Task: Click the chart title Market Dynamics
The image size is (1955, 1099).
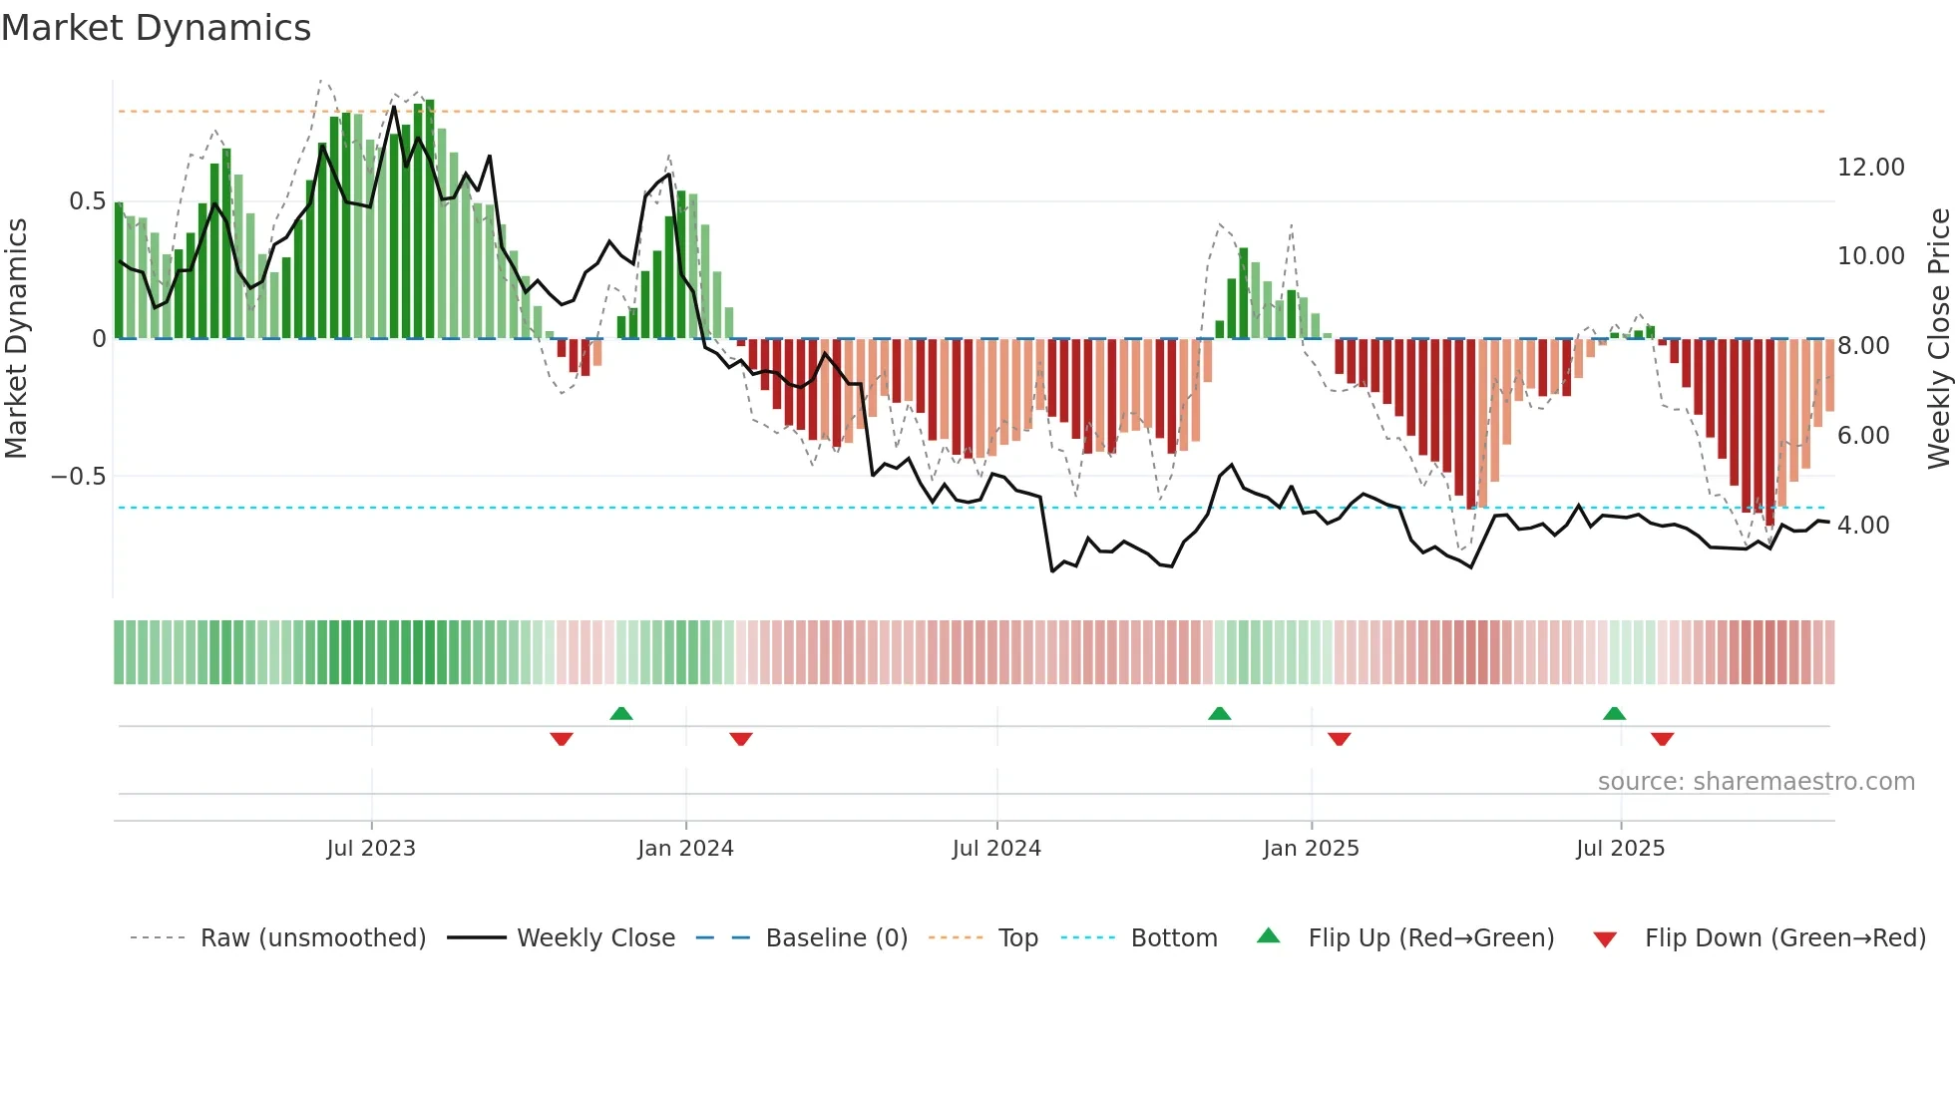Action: [157, 28]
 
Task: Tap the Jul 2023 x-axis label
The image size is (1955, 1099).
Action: [371, 849]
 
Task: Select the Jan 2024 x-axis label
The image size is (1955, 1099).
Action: [685, 849]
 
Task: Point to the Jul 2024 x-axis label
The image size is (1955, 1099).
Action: [996, 849]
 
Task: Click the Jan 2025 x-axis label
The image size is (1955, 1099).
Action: [1311, 849]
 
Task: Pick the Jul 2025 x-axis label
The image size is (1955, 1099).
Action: [1621, 849]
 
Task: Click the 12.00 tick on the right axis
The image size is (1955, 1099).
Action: [1871, 168]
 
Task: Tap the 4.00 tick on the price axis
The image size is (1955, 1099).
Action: [1863, 526]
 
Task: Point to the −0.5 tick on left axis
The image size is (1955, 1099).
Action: [79, 477]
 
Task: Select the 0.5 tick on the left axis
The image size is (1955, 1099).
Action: [87, 201]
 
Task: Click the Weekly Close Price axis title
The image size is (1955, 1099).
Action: [1938, 338]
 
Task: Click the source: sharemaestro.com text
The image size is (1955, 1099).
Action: [1756, 782]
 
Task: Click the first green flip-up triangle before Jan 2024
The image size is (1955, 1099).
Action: [621, 713]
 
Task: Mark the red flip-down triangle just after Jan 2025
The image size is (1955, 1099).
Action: [1339, 739]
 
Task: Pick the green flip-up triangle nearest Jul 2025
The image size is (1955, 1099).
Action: [1614, 713]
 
